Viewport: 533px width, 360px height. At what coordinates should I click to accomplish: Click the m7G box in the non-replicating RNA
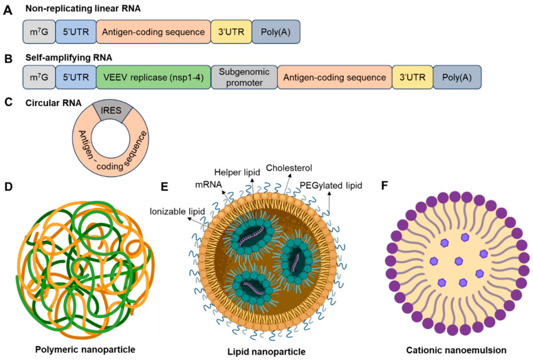coord(39,32)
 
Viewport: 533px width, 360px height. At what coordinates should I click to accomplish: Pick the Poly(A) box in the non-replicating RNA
coord(276,32)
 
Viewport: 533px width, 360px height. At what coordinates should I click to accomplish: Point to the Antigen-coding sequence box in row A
coord(153,32)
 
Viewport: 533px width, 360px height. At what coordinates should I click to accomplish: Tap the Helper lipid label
coord(234,171)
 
